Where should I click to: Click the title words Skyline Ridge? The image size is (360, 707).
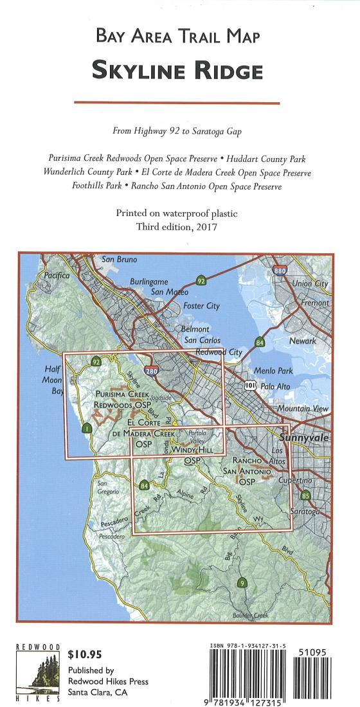tap(177, 70)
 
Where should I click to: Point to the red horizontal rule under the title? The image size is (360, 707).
tap(177, 103)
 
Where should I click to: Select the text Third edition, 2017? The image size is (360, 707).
tap(177, 227)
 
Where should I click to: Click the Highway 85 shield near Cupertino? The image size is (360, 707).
tap(305, 496)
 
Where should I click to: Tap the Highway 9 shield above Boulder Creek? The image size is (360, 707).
tap(241, 584)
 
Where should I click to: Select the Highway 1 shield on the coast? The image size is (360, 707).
tap(87, 429)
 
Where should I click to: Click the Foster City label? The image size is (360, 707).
tap(202, 306)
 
